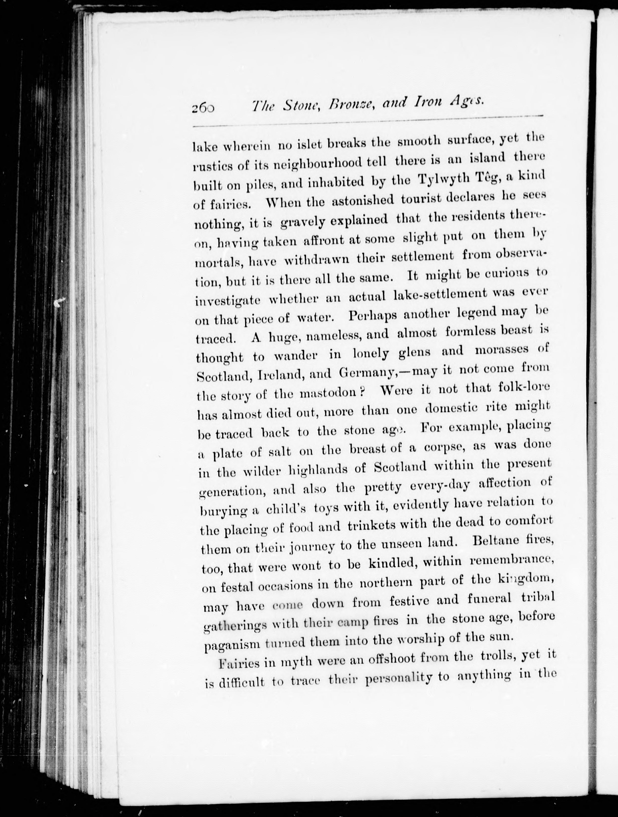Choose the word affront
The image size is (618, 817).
coord(324,240)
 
